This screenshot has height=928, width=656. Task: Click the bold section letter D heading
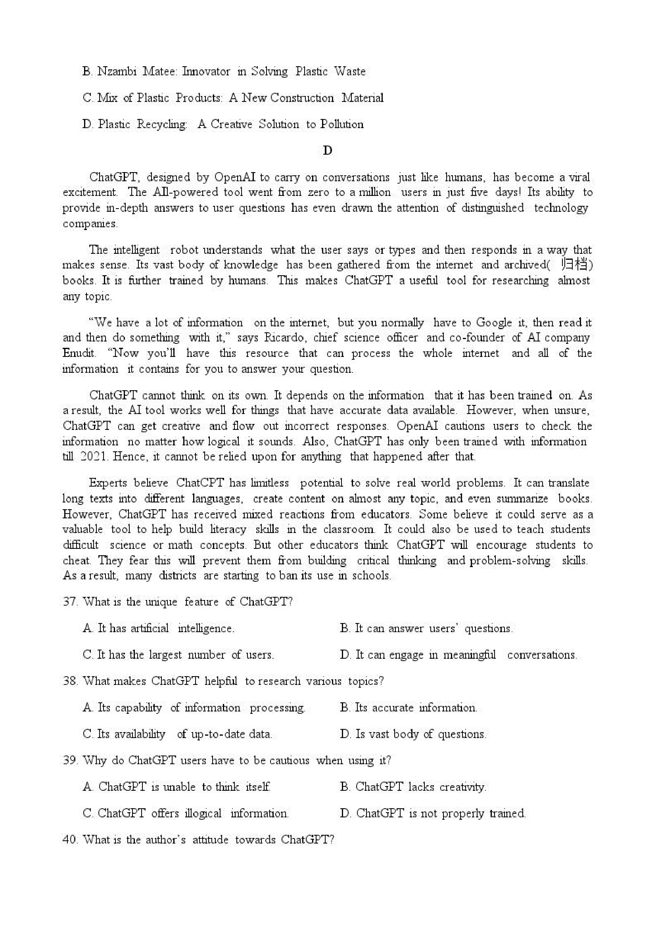[327, 151]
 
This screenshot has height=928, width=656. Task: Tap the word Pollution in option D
[342, 124]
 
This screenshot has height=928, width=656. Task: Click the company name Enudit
[79, 353]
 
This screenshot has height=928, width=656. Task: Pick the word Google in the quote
[494, 322]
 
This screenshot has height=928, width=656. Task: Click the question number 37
[69, 602]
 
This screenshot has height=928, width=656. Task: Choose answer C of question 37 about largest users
[178, 655]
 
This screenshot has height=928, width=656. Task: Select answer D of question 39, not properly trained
[433, 813]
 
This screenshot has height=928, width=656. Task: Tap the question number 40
[69, 840]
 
